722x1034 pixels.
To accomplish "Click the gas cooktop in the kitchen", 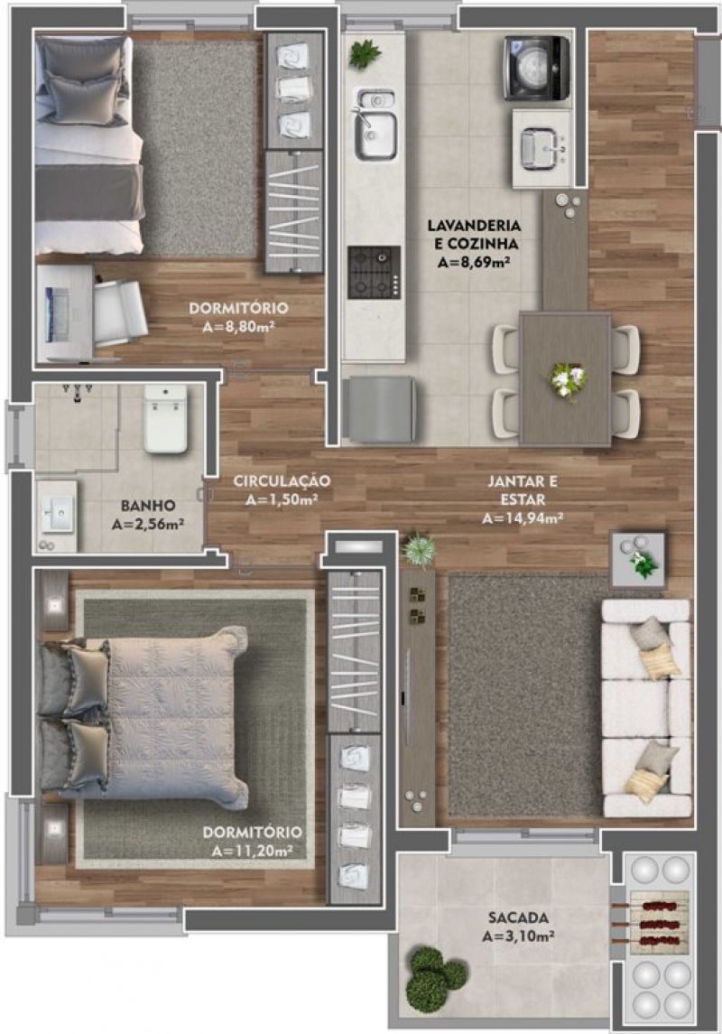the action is click(375, 273).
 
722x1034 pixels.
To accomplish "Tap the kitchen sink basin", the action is click(376, 135).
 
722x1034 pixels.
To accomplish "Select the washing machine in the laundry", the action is click(537, 68).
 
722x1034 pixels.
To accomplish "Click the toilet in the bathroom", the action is click(165, 419).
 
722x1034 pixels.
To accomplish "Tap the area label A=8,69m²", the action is click(475, 263).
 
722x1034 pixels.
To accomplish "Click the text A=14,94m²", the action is click(523, 518).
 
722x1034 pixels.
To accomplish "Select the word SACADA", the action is click(518, 918).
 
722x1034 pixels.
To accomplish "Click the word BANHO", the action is click(148, 506).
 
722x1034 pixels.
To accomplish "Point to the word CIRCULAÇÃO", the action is click(282, 481).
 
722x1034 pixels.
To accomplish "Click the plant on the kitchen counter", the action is click(365, 53).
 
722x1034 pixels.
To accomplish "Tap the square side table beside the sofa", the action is click(638, 559).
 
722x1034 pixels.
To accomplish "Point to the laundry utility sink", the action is click(541, 150).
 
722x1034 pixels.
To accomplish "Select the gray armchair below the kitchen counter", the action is click(379, 409).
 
